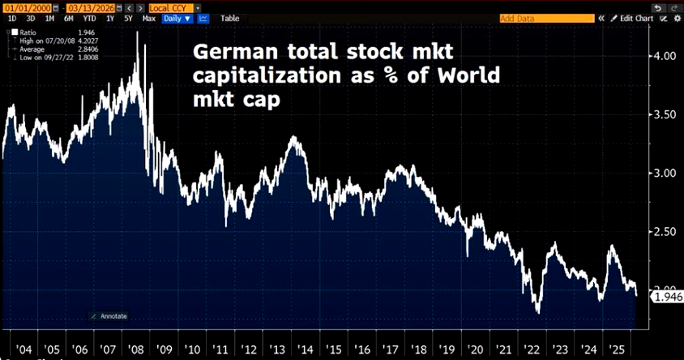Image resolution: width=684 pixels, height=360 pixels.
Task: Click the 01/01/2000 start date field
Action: (x=19, y=7)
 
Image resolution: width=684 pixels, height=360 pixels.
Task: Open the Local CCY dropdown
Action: (x=169, y=7)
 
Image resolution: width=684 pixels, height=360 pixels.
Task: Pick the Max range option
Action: (x=148, y=17)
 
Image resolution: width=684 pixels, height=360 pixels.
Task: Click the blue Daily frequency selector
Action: (x=175, y=17)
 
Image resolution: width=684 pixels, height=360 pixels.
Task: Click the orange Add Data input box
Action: (x=534, y=18)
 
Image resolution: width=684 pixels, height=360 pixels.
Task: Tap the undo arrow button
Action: (x=657, y=7)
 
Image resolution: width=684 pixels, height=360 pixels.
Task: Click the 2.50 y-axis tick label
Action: (x=664, y=232)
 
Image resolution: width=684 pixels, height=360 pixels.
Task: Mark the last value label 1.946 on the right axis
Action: (x=669, y=298)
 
